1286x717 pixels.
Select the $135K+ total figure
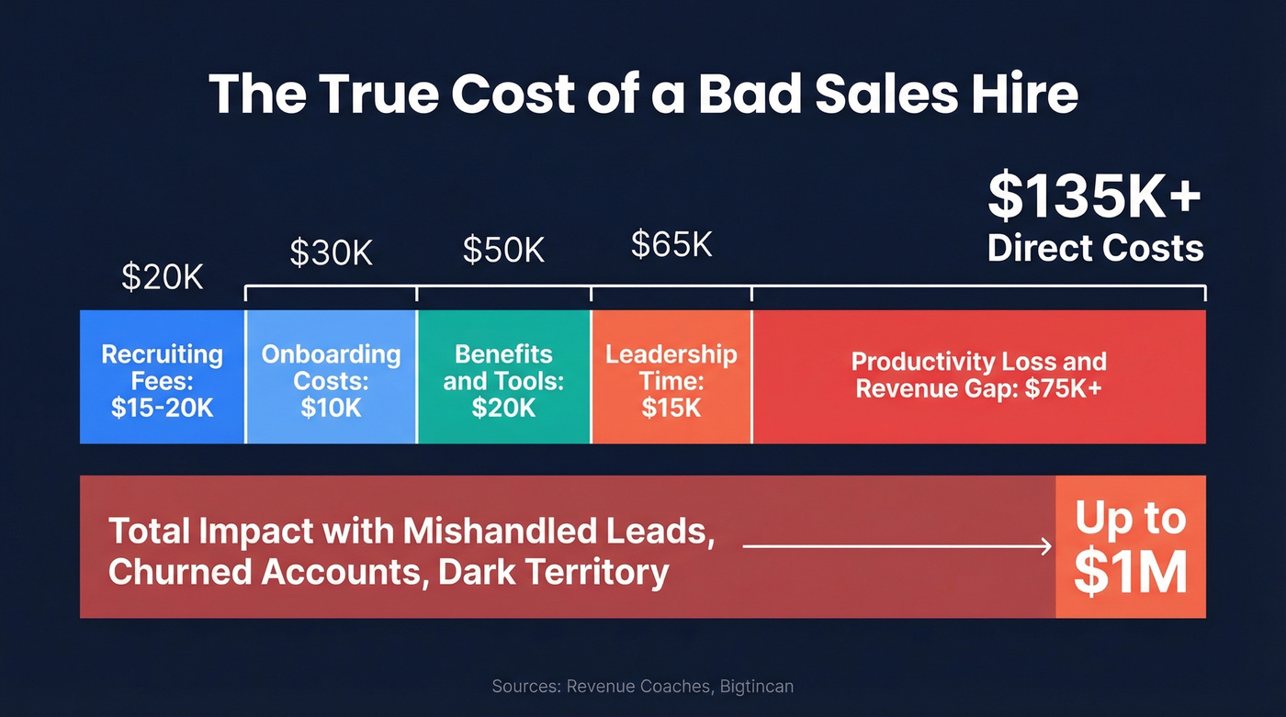[1094, 196]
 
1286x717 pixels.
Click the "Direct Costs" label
[1095, 248]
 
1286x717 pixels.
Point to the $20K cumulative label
[163, 276]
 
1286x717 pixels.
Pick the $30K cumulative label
[331, 252]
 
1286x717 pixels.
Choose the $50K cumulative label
[503, 249]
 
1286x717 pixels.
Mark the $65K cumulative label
[671, 244]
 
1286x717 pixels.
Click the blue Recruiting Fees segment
[163, 377]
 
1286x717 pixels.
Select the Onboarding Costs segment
[331, 377]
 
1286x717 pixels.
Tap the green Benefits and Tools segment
[503, 377]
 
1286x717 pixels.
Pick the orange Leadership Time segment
[671, 377]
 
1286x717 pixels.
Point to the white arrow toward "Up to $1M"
[897, 547]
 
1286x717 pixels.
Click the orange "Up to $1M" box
[1130, 547]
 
